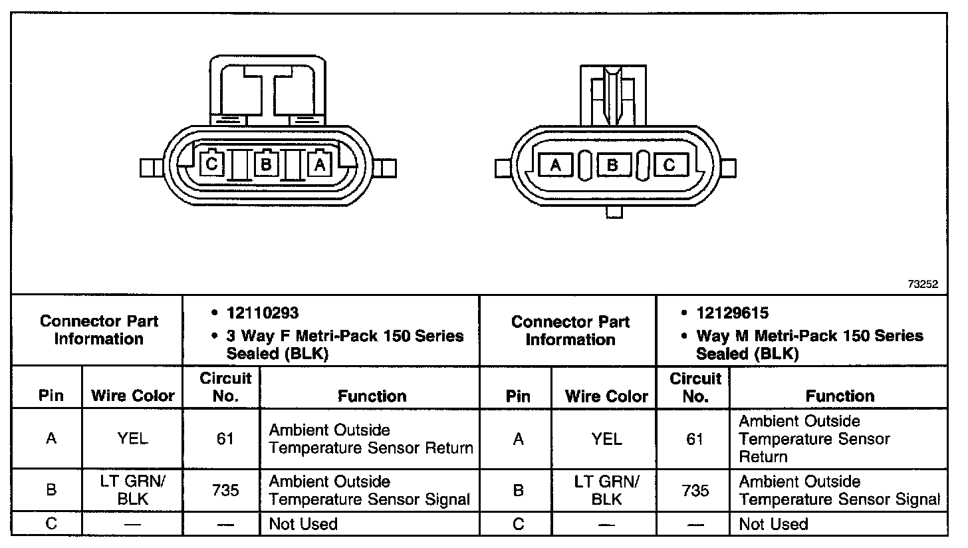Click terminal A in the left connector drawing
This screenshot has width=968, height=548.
[320, 163]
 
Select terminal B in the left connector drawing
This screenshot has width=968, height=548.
[265, 163]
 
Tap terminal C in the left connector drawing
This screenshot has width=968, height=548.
[211, 163]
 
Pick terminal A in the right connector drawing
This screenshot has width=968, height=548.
[556, 165]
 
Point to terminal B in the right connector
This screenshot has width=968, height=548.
[613, 165]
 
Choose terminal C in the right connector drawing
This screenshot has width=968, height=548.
[669, 165]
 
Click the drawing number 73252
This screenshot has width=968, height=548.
[923, 284]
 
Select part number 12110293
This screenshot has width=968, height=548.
[263, 313]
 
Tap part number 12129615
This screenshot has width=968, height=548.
[733, 313]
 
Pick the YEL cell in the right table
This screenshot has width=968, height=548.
[606, 439]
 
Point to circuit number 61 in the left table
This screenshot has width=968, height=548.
[225, 439]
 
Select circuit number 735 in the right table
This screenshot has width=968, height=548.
[695, 491]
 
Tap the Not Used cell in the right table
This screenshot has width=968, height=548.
[773, 524]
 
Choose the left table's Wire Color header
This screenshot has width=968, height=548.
[132, 396]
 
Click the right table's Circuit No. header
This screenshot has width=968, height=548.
[695, 388]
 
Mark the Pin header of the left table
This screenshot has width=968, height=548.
[51, 396]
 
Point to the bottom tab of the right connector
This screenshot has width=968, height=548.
[615, 212]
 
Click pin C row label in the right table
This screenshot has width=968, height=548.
[519, 524]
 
